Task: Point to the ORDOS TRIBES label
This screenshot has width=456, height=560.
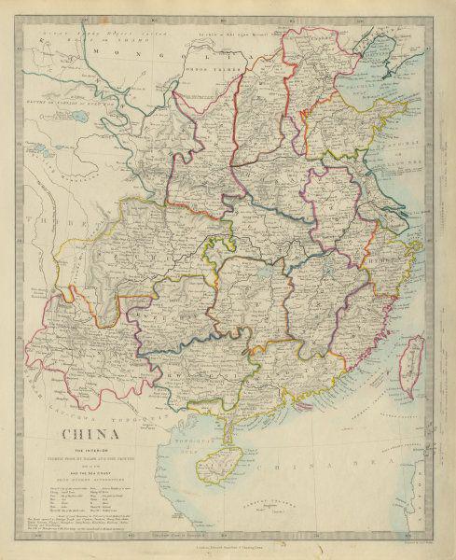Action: [x=207, y=74]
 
